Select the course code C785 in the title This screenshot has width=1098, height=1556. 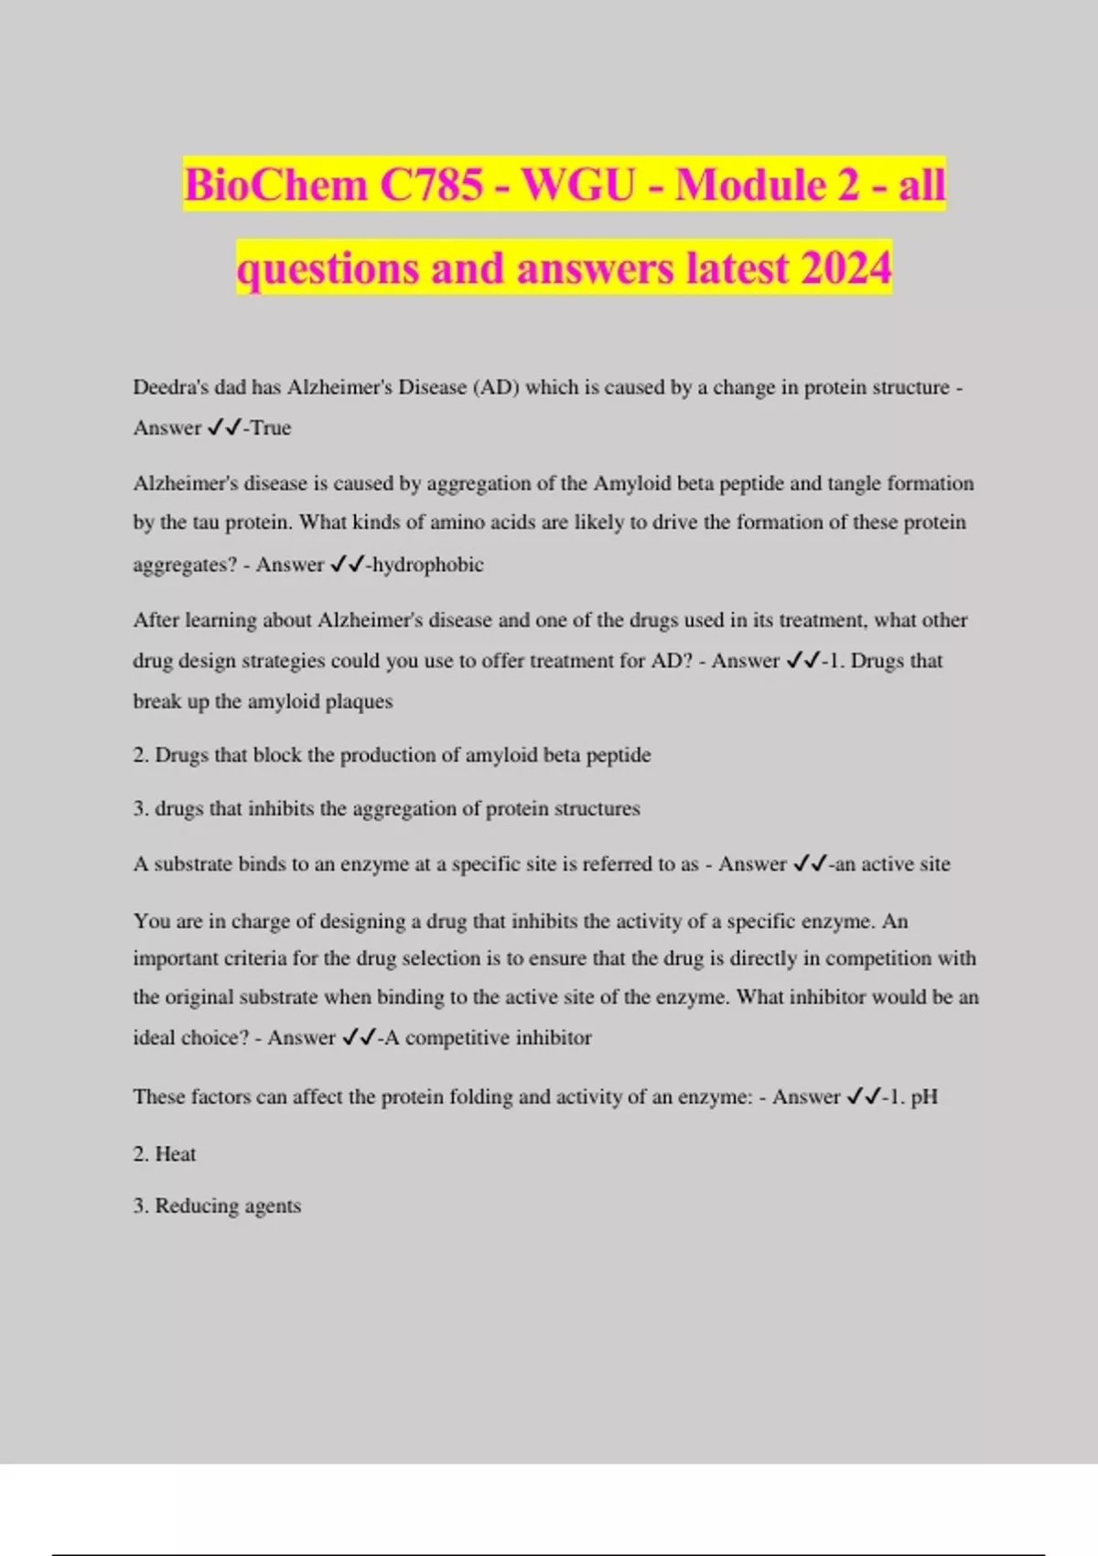[431, 186]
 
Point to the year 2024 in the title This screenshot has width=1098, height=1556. [845, 269]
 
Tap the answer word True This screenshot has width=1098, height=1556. [271, 428]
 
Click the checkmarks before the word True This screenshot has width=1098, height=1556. [224, 427]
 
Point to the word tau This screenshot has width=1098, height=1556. [206, 523]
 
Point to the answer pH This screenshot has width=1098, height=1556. [924, 1097]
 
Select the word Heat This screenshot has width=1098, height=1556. [176, 1154]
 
